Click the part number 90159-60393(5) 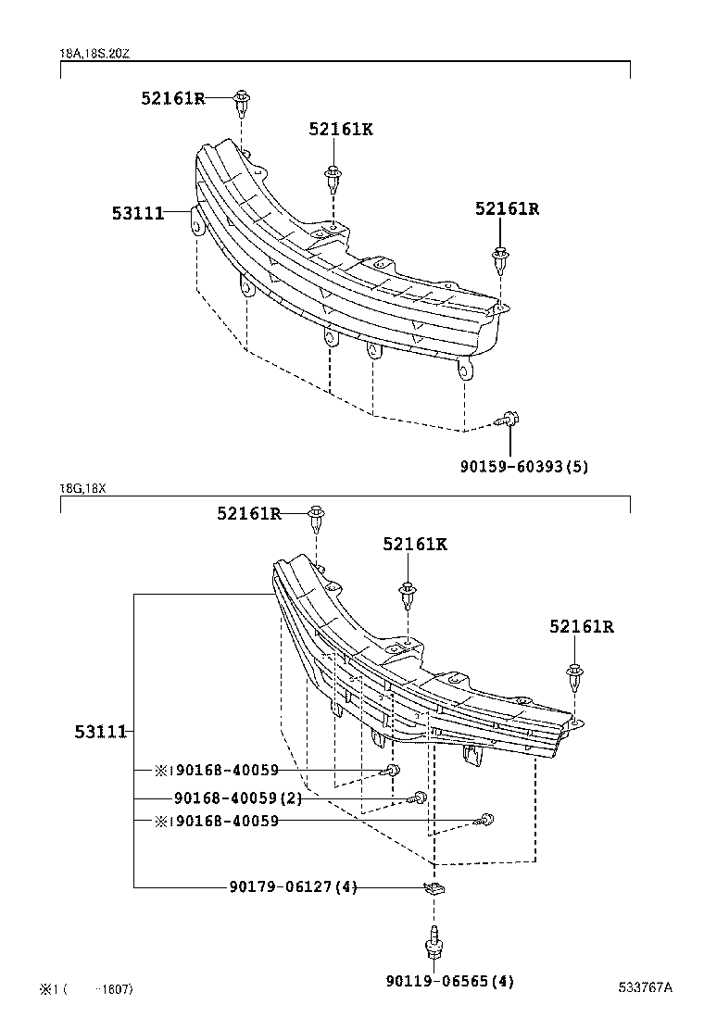[x=523, y=467]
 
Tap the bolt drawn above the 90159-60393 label [x=509, y=421]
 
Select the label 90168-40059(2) [x=236, y=798]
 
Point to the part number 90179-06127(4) [x=293, y=886]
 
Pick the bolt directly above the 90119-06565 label [x=433, y=945]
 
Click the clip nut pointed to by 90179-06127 [x=434, y=889]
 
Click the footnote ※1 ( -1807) [x=86, y=989]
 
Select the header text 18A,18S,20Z [x=95, y=54]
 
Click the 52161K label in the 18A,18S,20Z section [x=341, y=130]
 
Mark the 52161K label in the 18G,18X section [x=415, y=545]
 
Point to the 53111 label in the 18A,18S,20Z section [x=138, y=213]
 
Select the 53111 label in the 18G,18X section [x=100, y=732]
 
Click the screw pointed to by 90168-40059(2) [x=420, y=798]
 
